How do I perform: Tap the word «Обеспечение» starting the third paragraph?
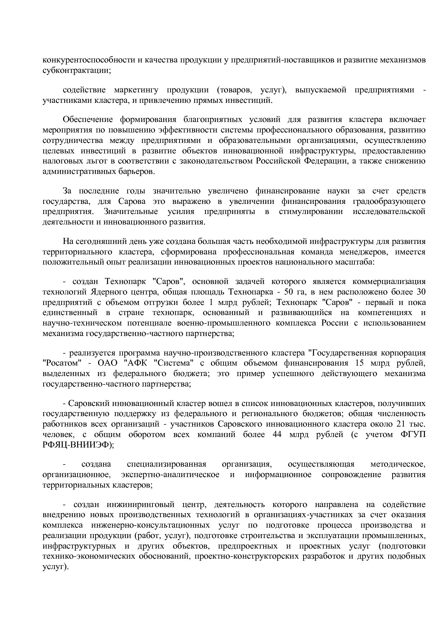(x=88, y=119)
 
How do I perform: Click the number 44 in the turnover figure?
(x=277, y=435)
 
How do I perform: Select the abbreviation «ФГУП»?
(x=413, y=435)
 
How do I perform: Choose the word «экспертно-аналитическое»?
(x=171, y=474)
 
